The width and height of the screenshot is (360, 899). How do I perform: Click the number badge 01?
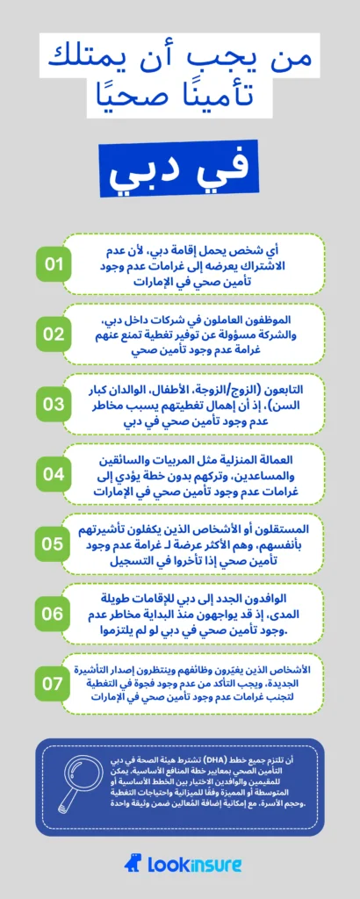click(55, 264)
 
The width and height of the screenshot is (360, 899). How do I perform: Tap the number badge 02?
click(55, 334)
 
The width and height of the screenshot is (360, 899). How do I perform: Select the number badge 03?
click(55, 404)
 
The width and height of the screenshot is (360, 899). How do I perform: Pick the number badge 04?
click(55, 473)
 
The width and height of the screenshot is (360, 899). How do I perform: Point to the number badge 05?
click(55, 543)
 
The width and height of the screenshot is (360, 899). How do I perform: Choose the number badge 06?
click(55, 614)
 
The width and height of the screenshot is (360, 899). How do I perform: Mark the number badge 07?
click(55, 683)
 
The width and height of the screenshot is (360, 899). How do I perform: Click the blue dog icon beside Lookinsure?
click(130, 865)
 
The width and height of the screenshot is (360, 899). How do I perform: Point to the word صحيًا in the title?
click(146, 98)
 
